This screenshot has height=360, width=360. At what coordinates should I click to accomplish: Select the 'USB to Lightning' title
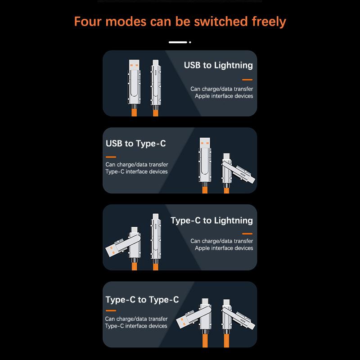pos(218,65)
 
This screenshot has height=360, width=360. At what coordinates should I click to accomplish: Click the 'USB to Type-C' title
pos(135,144)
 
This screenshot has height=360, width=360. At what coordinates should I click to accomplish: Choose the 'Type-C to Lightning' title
pos(211,220)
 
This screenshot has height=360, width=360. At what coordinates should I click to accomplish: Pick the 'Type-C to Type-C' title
pos(142,300)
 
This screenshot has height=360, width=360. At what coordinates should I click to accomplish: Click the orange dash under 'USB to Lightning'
pos(247,80)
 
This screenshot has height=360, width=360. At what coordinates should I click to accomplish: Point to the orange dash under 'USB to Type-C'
pos(111,157)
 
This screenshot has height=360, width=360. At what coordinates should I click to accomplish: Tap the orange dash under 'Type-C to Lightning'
pos(247,234)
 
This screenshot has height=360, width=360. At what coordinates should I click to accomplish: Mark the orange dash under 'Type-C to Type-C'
pos(111,311)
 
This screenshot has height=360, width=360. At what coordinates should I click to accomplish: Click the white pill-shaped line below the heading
pos(178,42)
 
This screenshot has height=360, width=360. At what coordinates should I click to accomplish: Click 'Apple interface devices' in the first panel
pos(224,96)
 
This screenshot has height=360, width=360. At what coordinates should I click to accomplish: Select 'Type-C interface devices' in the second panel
pos(136,171)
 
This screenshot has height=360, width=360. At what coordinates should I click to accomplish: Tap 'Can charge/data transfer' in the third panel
pos(221,241)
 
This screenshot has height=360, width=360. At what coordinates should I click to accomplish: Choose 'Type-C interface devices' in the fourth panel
pos(136,326)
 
